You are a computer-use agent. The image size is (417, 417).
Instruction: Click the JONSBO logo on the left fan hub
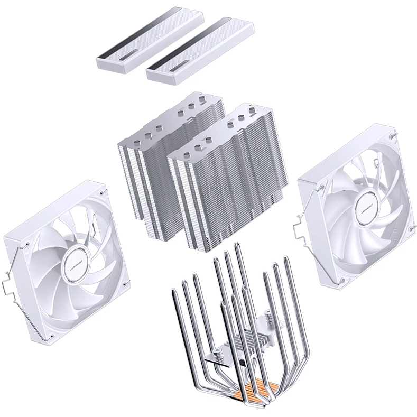pyautogui.click(x=75, y=261)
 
